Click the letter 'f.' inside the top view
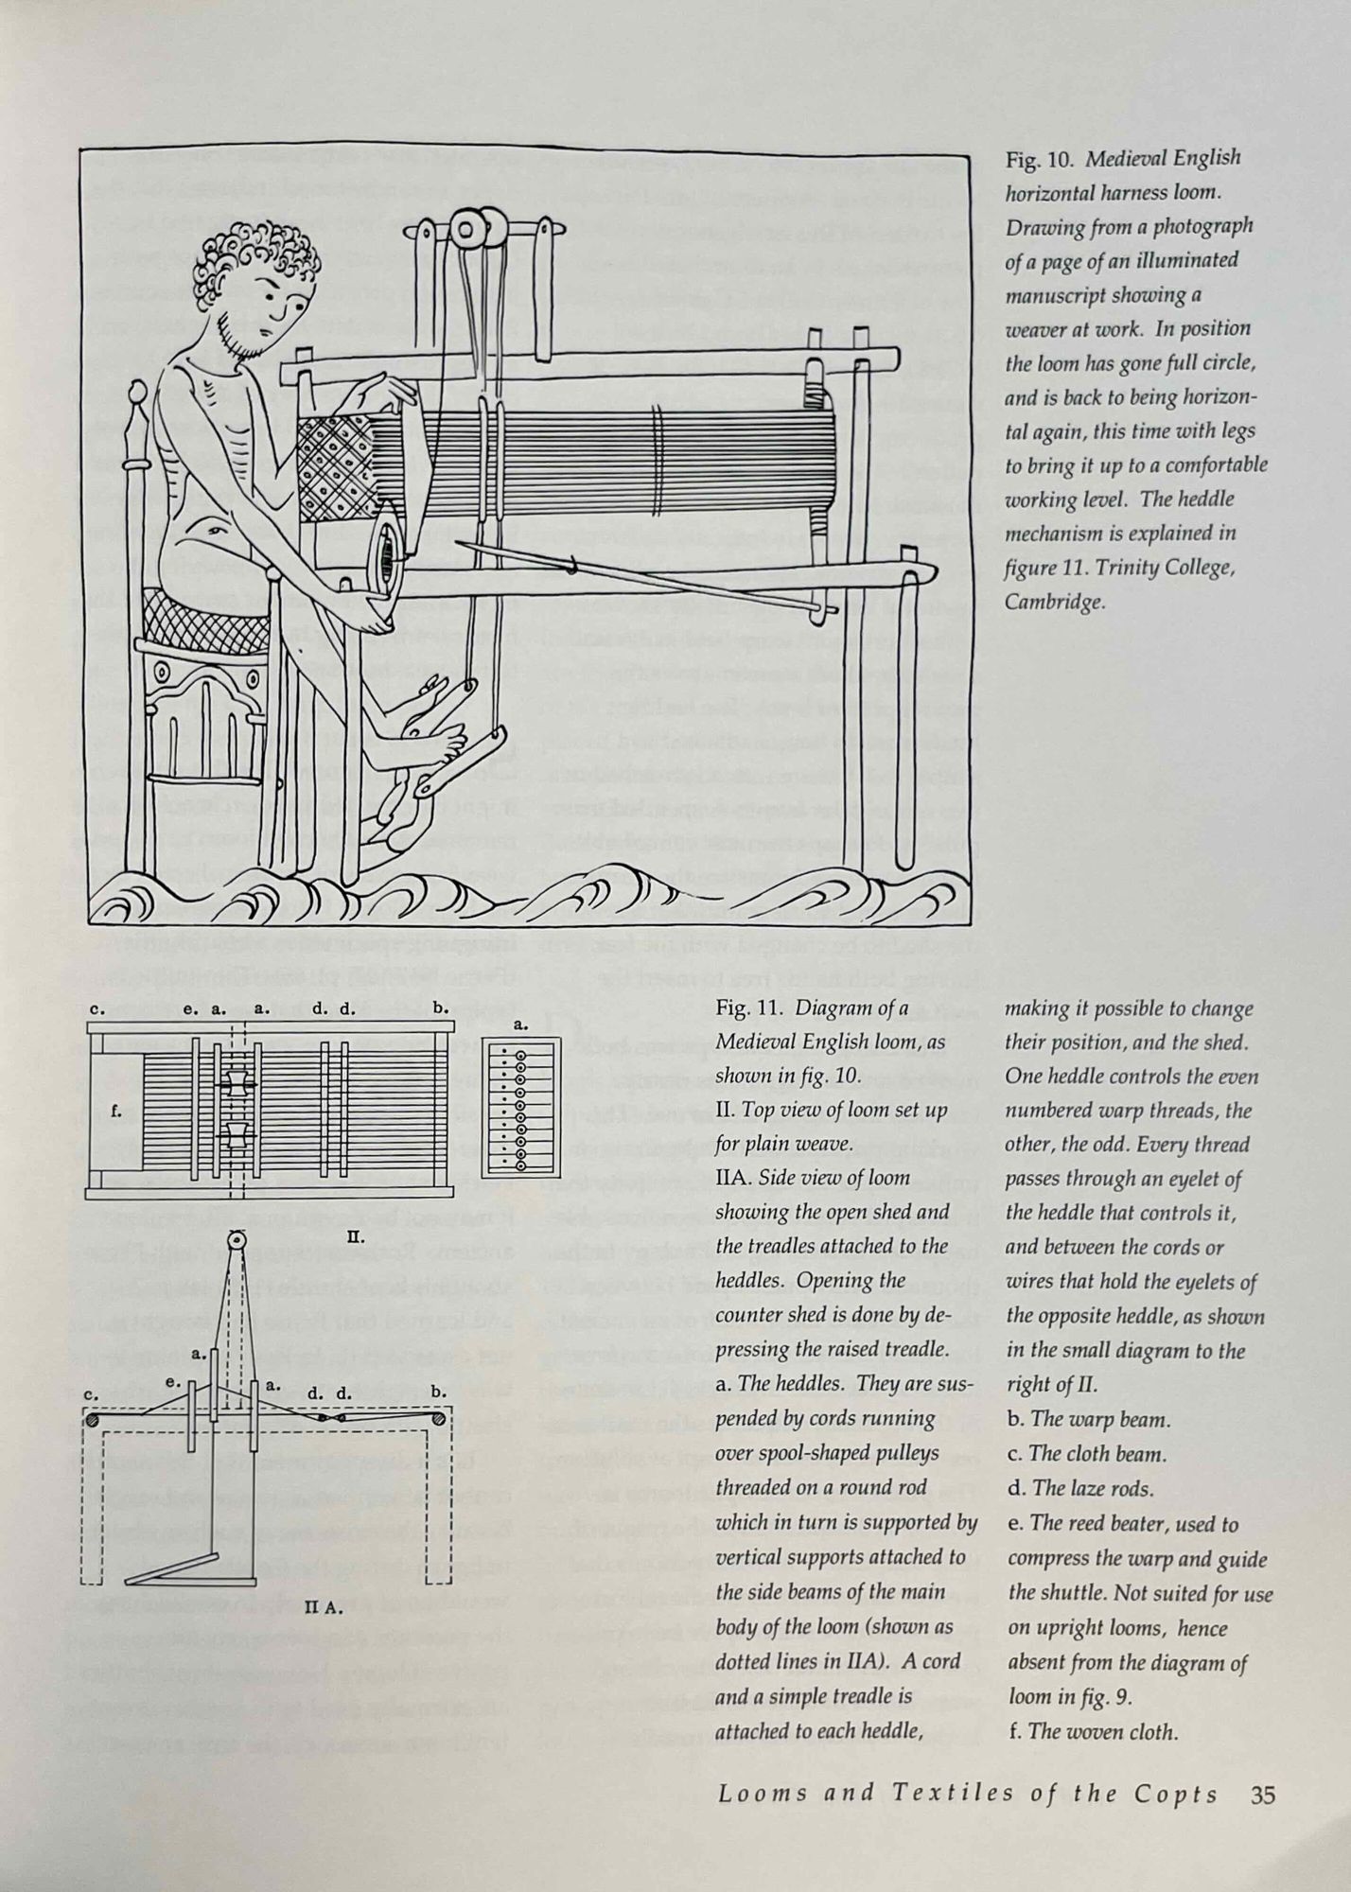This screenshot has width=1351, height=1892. point(115,1112)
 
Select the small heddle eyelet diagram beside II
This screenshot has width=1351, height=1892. point(521,1106)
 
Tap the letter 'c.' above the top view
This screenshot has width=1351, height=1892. point(96,1008)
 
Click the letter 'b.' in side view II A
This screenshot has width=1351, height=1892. point(439,1393)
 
